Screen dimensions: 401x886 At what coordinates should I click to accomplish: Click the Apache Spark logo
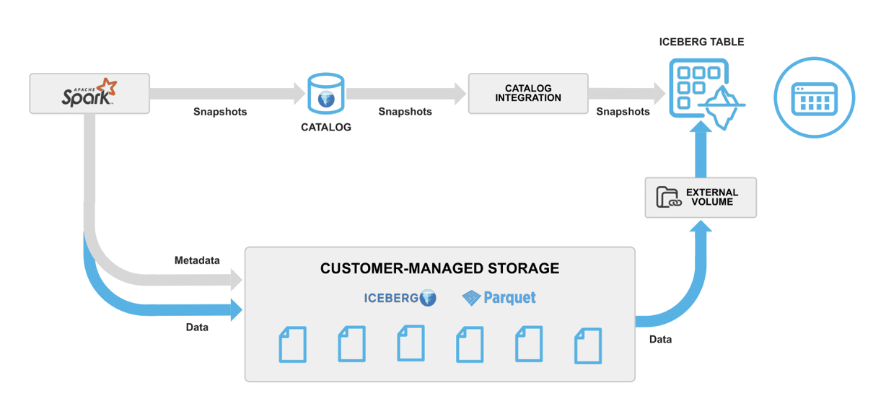point(89,93)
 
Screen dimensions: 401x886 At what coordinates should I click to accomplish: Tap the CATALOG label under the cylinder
point(325,128)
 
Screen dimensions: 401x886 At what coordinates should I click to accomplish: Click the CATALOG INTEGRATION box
point(527,93)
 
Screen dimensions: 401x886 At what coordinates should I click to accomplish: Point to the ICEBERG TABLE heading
point(701,42)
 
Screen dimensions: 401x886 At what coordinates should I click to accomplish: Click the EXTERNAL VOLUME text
point(711,197)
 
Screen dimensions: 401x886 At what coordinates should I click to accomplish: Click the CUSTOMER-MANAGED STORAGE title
point(439,268)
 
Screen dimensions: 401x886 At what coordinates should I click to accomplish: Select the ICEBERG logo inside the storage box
point(400,297)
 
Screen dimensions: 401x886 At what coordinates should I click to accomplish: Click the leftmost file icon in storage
point(292,344)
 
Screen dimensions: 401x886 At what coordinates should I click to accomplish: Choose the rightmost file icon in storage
point(587,345)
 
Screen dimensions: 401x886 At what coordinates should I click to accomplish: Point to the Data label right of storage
point(660,339)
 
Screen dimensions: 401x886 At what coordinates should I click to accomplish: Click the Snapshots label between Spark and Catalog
point(220,112)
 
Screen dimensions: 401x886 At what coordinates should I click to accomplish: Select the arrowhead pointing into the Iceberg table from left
point(658,92)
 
